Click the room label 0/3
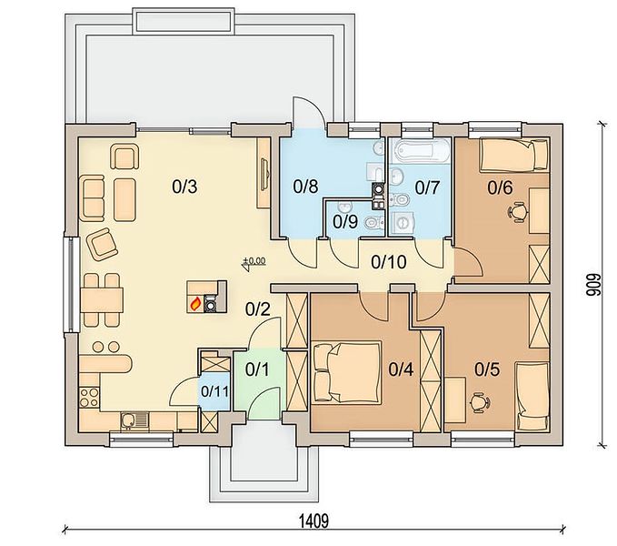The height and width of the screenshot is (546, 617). [184, 187]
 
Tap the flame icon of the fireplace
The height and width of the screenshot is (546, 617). [195, 304]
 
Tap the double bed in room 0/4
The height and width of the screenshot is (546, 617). [347, 372]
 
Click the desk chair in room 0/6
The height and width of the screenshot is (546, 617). [518, 212]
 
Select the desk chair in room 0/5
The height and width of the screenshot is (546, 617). [480, 402]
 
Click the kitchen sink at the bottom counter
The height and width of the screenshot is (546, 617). [134, 421]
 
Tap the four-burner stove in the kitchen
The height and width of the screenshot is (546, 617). [89, 397]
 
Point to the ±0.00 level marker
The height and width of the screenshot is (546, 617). [254, 263]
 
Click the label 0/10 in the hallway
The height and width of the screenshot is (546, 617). [388, 261]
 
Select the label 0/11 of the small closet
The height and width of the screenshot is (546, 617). [214, 391]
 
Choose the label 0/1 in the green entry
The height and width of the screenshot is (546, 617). [257, 369]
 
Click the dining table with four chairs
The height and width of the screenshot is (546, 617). [102, 300]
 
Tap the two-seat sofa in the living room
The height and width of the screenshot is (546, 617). [94, 197]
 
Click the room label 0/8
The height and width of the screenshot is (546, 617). [305, 187]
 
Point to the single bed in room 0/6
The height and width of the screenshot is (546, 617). [513, 156]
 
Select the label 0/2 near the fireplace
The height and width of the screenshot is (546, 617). [258, 309]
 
